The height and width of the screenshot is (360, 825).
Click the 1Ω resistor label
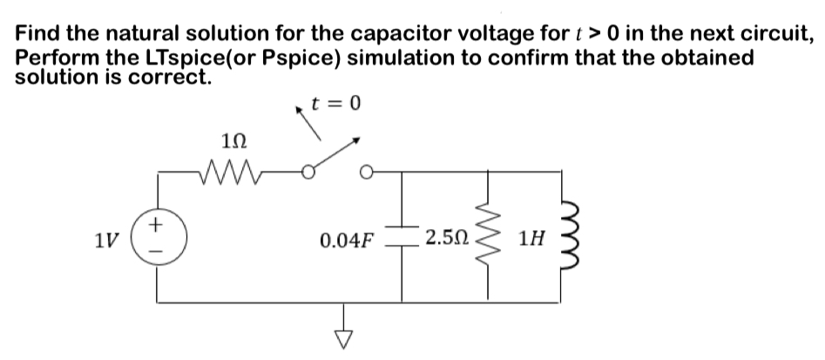click(x=235, y=138)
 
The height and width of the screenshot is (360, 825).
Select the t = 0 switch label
click(x=337, y=105)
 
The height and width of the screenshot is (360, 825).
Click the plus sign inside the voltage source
click(x=158, y=225)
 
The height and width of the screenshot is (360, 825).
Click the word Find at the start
click(x=39, y=36)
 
